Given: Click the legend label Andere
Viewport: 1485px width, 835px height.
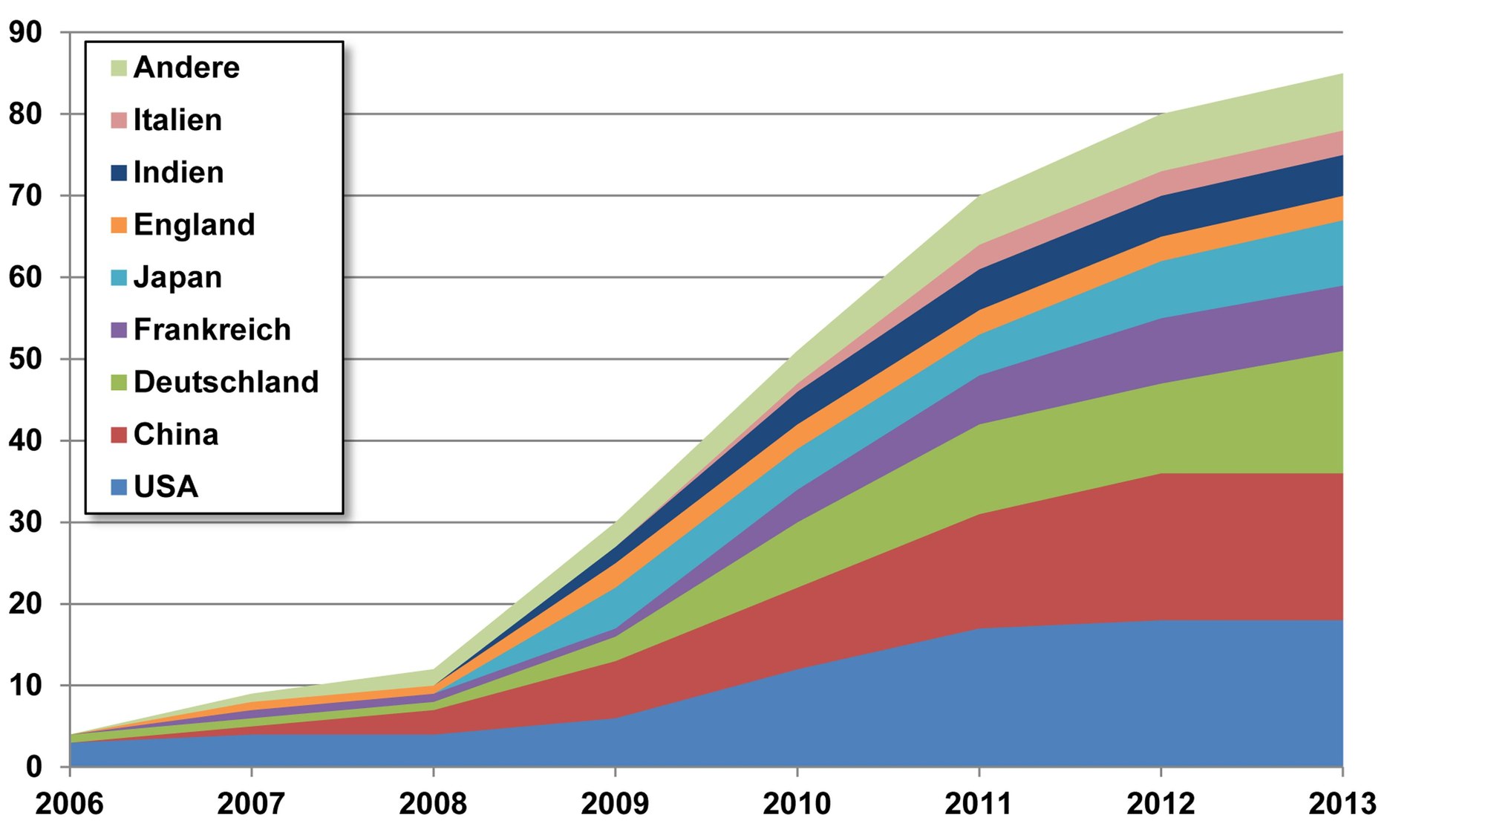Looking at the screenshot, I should coord(186,68).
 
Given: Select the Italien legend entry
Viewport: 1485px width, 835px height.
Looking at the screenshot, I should coord(177,120).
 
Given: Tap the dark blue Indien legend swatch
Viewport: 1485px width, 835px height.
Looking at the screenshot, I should coord(119,172).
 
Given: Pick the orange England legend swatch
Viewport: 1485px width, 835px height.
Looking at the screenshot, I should coord(119,225).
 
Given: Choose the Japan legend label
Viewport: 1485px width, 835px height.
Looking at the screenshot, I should coord(177,277).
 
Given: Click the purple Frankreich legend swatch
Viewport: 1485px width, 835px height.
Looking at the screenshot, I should coord(119,330).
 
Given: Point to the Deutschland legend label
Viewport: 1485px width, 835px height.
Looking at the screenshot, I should coord(226,382).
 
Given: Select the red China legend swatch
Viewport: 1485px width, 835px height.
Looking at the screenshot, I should coord(119,435).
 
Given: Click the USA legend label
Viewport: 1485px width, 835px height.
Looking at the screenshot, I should coord(166,487).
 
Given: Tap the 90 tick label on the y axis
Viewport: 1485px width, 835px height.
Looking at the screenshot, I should coord(26,32).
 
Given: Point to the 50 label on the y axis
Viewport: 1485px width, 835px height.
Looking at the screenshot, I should coord(26,359).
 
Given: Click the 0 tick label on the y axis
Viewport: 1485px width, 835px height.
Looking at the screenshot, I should coord(34,767).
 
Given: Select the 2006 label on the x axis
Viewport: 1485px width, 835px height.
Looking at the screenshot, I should coord(69,804).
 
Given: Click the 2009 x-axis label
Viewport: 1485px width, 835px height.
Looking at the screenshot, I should coord(615,804).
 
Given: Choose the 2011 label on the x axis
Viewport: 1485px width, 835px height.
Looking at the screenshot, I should coord(979,804).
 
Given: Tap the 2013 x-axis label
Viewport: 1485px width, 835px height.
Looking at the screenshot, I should coord(1342,804).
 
